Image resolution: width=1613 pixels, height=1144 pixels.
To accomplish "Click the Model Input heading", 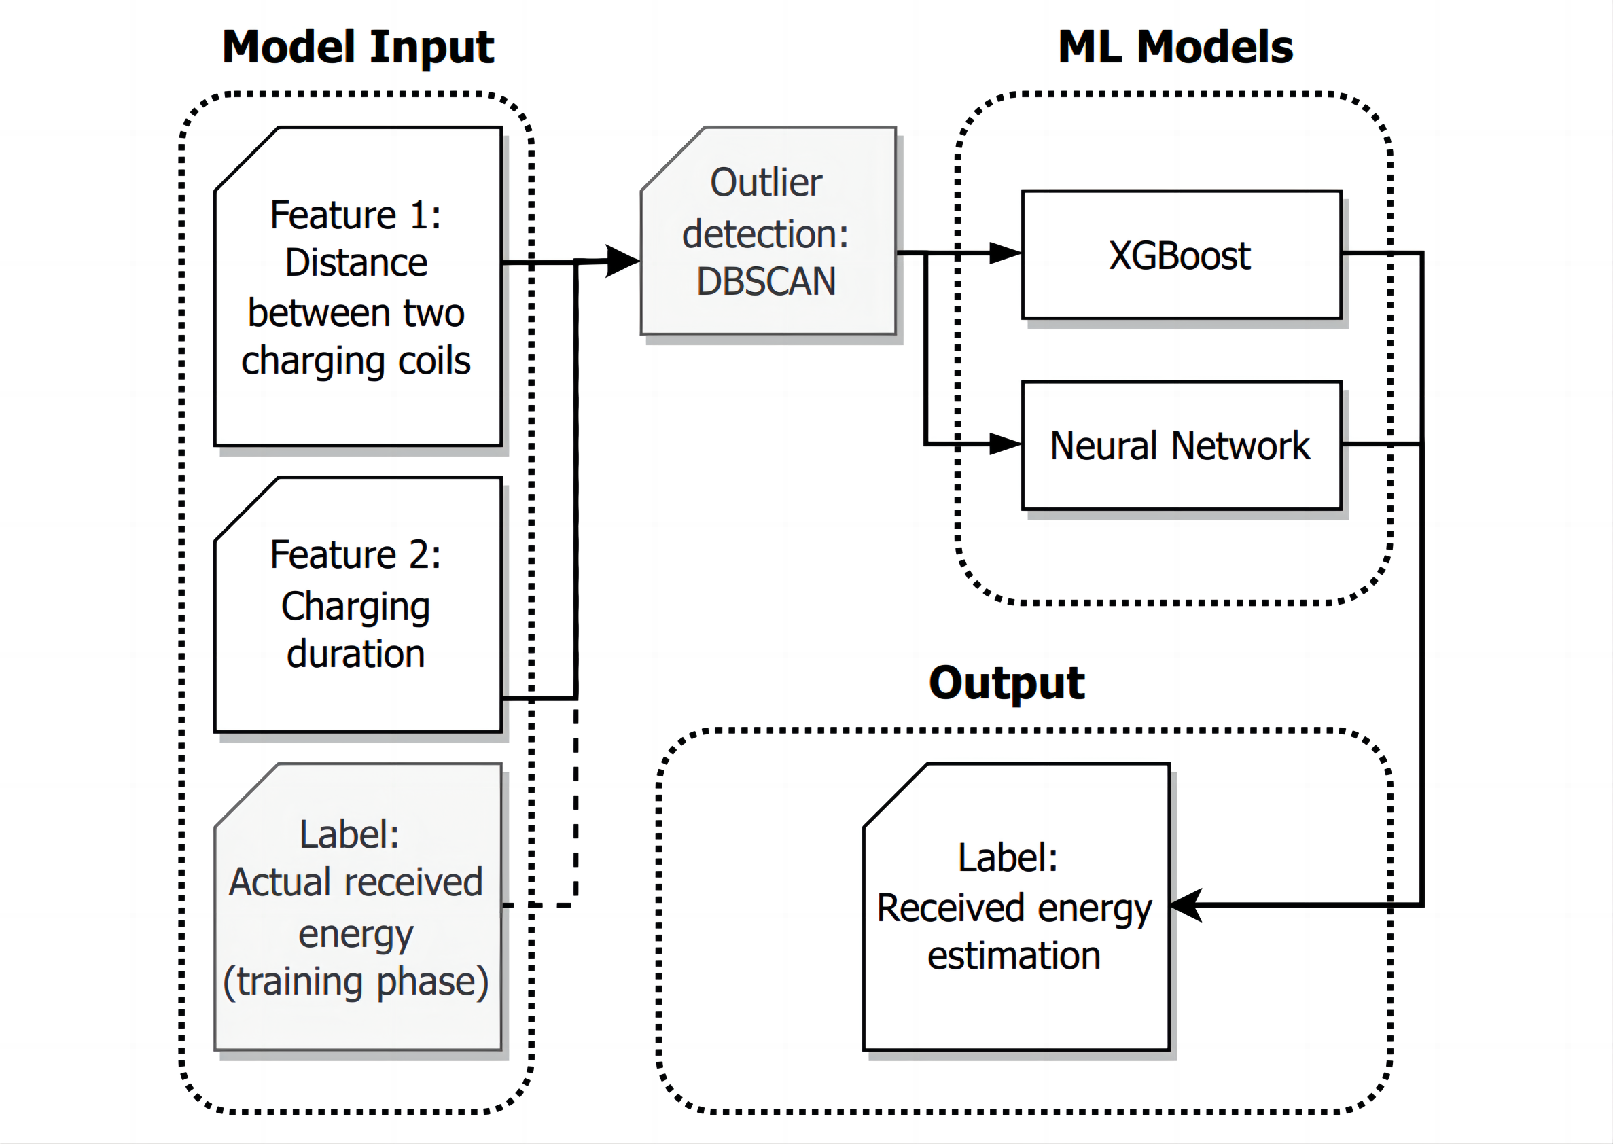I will coord(358,48).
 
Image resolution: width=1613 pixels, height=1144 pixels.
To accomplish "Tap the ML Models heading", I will coord(1175,48).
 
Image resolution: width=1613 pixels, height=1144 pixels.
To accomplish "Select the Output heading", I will coord(1006,683).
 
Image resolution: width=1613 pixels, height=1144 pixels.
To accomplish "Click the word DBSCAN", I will coord(766,281).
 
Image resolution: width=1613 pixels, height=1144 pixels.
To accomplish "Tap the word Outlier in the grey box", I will coord(766,183).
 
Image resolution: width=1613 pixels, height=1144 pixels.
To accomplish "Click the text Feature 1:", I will coord(356,215).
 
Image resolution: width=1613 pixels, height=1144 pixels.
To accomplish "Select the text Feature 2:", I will coord(356,554).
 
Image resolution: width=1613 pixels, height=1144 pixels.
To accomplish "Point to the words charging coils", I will coord(356,361).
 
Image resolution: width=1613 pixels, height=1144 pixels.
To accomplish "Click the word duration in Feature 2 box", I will coord(356,654).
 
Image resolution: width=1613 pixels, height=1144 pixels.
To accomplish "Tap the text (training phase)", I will coord(356,982).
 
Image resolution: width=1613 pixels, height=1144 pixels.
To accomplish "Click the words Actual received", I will coord(356,882).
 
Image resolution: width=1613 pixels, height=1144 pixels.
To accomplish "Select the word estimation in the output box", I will coord(1014,956).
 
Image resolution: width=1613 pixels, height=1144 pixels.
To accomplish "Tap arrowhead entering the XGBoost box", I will coord(1005,253).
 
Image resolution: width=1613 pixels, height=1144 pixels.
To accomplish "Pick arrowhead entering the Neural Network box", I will coord(1005,444).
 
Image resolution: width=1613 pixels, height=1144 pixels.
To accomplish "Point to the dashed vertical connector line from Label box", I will coord(576,803).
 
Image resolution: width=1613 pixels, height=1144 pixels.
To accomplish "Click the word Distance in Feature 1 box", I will coord(356,263).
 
